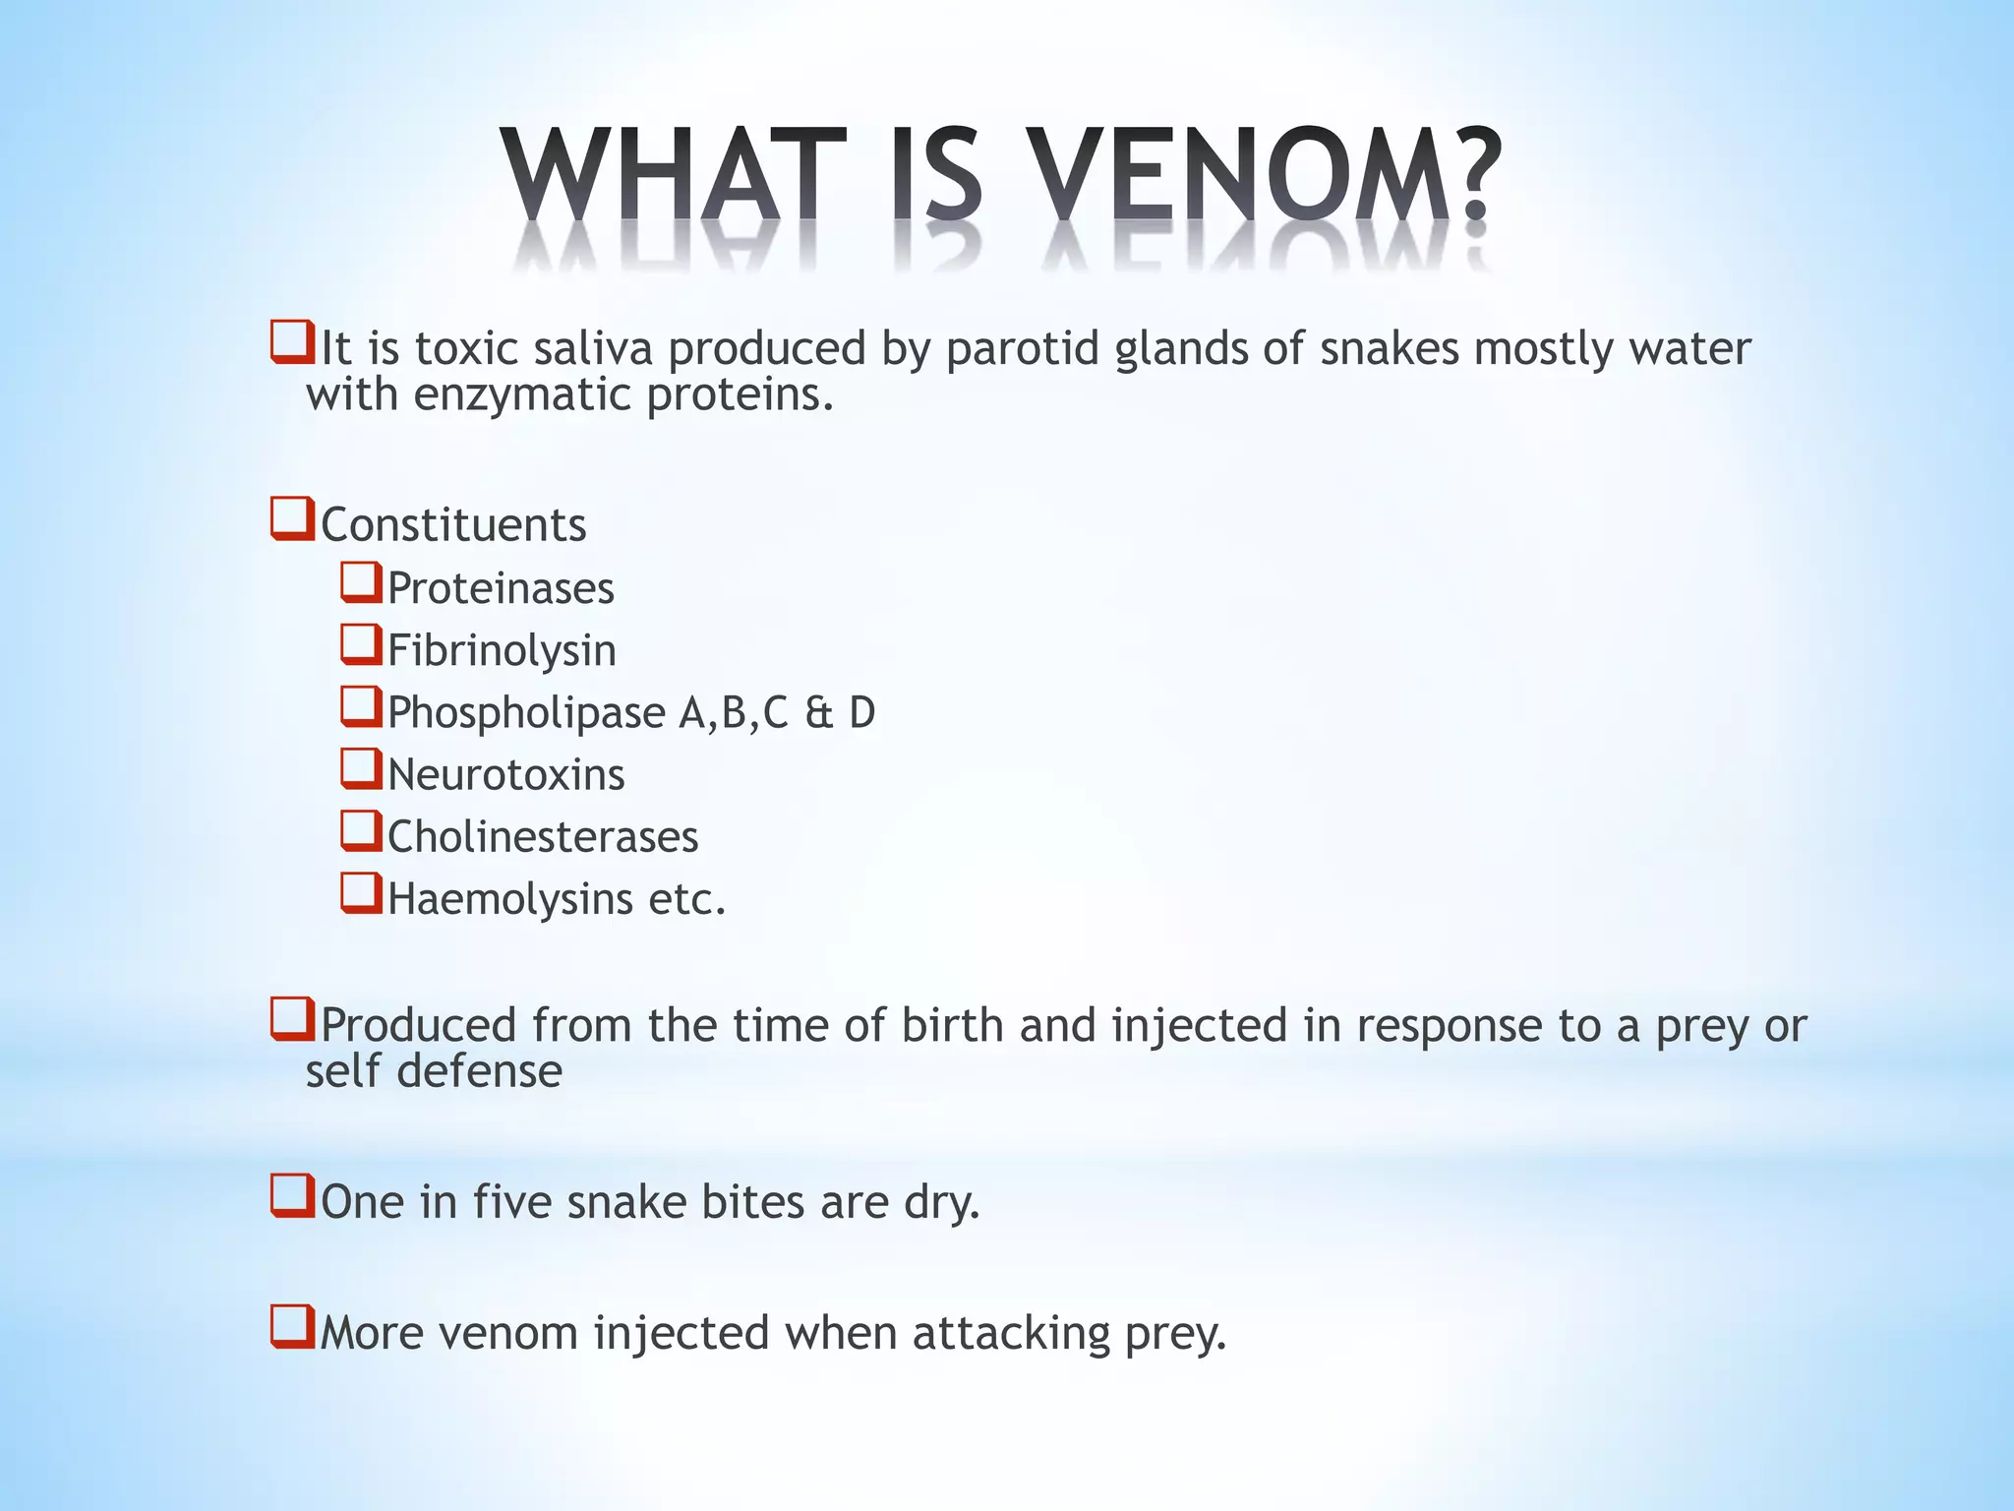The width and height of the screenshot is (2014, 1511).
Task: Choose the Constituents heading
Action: click(453, 525)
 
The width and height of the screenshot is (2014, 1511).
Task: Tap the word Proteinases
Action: click(501, 589)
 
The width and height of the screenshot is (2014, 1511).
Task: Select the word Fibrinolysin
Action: click(502, 651)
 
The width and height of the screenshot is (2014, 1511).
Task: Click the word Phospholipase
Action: click(526, 713)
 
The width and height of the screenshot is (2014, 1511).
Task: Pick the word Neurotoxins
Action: click(505, 775)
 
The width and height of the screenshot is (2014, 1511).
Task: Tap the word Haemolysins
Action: click(509, 899)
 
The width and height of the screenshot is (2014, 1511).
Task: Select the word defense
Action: click(479, 1071)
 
